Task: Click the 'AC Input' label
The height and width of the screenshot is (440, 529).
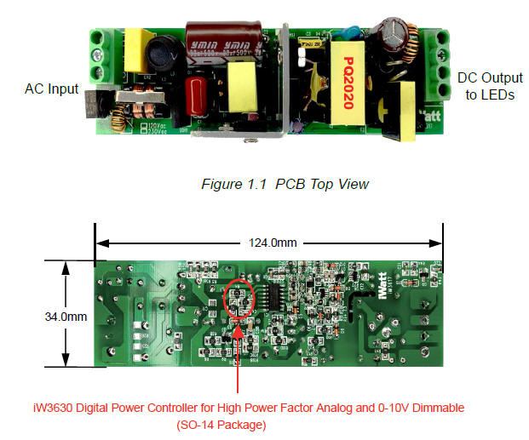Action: pyautogui.click(x=51, y=89)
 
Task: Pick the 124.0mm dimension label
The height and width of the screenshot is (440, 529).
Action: pyautogui.click(x=273, y=243)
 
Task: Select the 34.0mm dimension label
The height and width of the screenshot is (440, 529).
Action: pyautogui.click(x=66, y=317)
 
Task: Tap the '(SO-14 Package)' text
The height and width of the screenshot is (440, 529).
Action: pyautogui.click(x=222, y=424)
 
